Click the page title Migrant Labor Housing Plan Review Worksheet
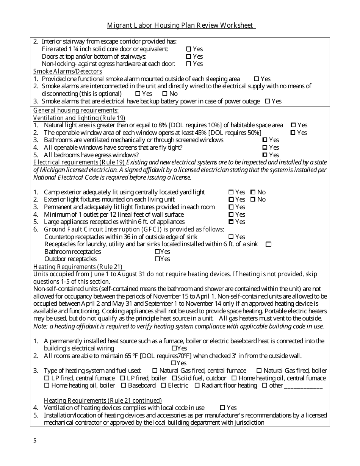(181, 25)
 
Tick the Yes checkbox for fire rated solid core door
(189, 49)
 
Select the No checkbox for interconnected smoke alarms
(165, 94)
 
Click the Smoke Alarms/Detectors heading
(67, 71)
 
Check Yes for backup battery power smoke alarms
(267, 101)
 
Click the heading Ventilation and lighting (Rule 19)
(79, 118)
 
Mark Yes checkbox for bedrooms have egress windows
(265, 155)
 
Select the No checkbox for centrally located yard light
(253, 192)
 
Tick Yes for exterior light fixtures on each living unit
(231, 199)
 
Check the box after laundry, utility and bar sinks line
(268, 244)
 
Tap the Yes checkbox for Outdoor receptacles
(157, 259)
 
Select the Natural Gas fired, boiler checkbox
(259, 371)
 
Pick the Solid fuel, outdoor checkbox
(174, 378)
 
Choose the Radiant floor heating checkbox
(197, 386)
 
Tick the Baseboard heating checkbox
(124, 386)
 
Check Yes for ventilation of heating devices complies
(223, 408)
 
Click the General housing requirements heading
(76, 110)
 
